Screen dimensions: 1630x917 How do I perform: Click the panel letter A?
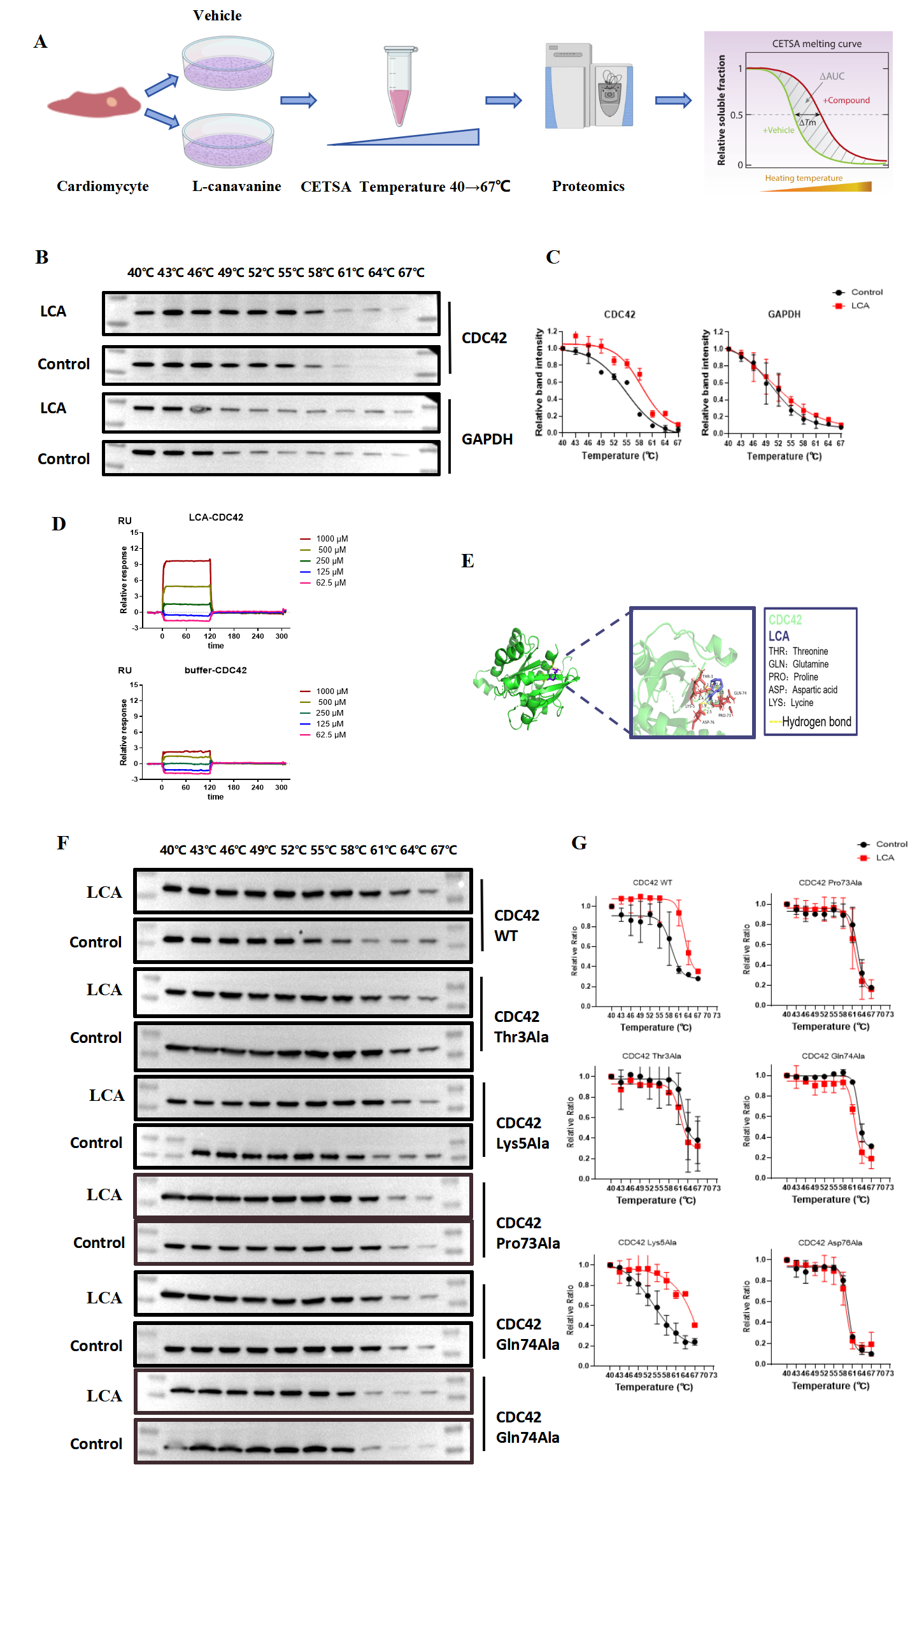[x=40, y=42]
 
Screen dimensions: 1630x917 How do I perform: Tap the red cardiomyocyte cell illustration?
[x=94, y=103]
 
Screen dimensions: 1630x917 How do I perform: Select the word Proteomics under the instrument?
[x=588, y=187]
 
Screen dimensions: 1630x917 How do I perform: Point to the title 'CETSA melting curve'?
[x=816, y=44]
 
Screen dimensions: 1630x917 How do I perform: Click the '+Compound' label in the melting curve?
[x=846, y=100]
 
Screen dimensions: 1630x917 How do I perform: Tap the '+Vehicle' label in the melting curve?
[x=778, y=130]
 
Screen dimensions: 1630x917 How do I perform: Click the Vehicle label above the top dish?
[x=217, y=15]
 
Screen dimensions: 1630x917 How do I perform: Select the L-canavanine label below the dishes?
[x=236, y=187]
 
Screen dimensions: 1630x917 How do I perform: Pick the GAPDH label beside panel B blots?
[x=487, y=439]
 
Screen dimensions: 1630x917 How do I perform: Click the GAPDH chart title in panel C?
[x=784, y=314]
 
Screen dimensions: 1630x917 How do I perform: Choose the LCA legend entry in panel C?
[x=860, y=306]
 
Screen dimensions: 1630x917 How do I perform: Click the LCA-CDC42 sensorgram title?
[x=216, y=517]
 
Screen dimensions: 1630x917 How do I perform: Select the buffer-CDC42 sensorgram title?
[x=215, y=670]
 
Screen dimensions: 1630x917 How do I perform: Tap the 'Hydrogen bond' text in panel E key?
[x=816, y=721]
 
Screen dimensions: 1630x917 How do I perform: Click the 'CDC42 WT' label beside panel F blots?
[x=516, y=925]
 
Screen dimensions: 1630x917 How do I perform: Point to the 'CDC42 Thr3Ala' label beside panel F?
[x=521, y=1026]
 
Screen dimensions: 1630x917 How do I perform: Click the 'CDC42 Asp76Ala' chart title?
[x=830, y=1242]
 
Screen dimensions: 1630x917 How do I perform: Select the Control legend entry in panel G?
[x=891, y=844]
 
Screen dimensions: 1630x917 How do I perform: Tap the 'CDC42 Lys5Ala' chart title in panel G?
[x=647, y=1242]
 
